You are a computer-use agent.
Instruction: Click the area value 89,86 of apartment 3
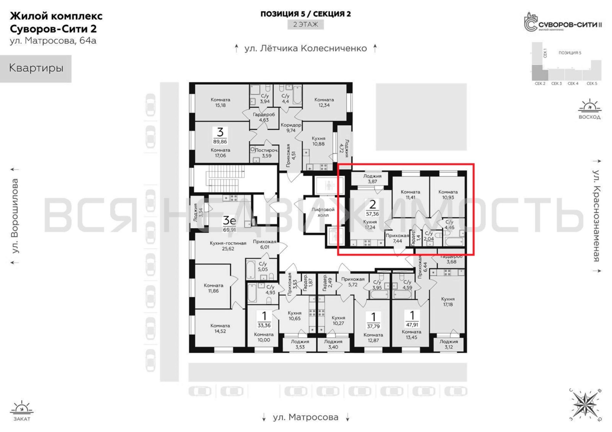tap(220, 142)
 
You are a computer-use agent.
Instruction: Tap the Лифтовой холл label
tap(323, 212)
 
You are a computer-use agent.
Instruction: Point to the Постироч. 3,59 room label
tap(267, 153)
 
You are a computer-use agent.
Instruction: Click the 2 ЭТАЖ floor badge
tap(306, 24)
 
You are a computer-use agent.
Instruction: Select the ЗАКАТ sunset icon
tap(22, 410)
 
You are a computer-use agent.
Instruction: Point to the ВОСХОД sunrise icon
tap(589, 109)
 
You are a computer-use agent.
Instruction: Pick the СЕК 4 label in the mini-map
tap(573, 84)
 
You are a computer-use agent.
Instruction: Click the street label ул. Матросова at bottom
tap(306, 417)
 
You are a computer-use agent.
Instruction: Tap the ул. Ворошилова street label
tap(15, 216)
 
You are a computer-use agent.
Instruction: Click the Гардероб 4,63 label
tap(264, 117)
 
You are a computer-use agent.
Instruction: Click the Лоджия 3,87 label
tap(372, 179)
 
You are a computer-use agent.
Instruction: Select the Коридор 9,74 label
tap(291, 127)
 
